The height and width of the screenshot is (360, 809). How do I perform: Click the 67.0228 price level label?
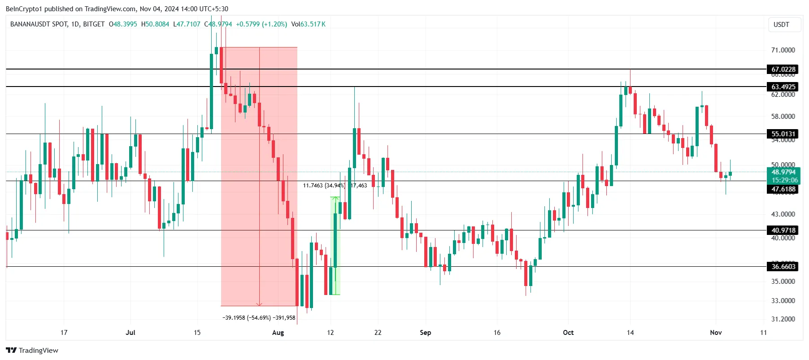[x=783, y=69]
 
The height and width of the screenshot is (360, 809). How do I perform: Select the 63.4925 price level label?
[x=783, y=87]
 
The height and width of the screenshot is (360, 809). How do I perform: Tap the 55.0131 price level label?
[x=783, y=134]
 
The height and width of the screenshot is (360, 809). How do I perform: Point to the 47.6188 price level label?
[x=783, y=189]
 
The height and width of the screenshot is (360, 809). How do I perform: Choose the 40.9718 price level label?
[x=783, y=230]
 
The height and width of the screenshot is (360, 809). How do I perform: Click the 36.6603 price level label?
[x=783, y=266]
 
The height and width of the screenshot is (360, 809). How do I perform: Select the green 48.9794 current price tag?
[x=783, y=172]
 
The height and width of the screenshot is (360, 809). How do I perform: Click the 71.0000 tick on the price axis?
[x=783, y=50]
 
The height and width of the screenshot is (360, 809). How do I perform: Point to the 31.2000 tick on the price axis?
[x=783, y=319]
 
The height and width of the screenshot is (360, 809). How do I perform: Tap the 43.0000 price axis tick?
[x=783, y=214]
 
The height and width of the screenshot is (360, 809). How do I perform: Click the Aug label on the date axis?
[x=278, y=333]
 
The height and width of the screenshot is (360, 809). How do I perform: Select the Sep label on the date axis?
[x=425, y=333]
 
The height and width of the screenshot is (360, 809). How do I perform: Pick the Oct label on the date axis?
[x=568, y=333]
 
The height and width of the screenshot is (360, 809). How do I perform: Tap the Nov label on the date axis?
[x=716, y=333]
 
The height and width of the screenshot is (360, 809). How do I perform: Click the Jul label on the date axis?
[x=130, y=333]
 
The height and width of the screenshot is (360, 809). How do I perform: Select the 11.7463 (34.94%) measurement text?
[x=324, y=186]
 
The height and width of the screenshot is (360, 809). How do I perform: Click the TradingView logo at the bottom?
[x=32, y=351]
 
